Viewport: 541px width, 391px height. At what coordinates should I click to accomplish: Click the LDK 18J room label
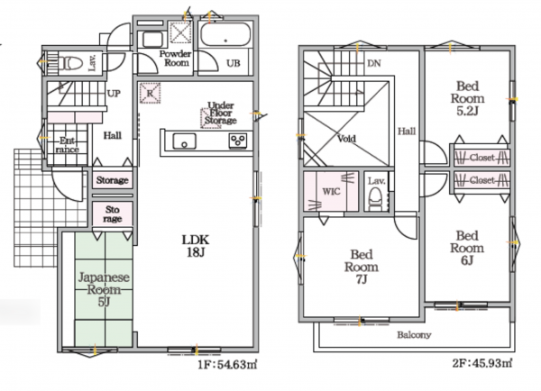tap(196, 246)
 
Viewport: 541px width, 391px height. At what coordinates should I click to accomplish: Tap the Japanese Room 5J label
tap(104, 289)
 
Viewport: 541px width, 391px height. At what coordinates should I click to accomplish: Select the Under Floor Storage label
tap(221, 113)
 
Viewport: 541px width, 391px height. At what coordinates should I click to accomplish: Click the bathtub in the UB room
tap(225, 34)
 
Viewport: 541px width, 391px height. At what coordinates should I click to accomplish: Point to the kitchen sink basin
tap(184, 141)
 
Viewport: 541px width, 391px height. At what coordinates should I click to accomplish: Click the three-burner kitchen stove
tap(238, 141)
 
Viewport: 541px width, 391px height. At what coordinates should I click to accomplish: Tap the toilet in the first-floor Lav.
tap(71, 63)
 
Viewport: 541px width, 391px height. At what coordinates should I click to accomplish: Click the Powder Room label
tap(176, 59)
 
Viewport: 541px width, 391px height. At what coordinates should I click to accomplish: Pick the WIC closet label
tap(331, 192)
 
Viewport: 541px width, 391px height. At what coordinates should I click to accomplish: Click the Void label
tap(346, 139)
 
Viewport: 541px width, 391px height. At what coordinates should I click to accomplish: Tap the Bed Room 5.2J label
tap(467, 98)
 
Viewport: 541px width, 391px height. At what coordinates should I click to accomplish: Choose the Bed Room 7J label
tap(362, 267)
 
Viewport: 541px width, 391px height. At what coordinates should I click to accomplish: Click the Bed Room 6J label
tap(467, 248)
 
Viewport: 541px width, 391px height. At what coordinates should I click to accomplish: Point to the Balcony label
tap(414, 335)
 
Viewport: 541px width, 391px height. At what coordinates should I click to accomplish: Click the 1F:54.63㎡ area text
tap(228, 365)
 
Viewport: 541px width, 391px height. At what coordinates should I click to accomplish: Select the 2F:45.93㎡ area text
tap(482, 363)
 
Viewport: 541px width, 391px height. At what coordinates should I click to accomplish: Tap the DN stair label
tap(374, 63)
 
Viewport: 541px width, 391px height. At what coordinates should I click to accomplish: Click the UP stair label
tap(114, 94)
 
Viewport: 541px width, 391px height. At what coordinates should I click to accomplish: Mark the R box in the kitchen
tap(150, 93)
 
